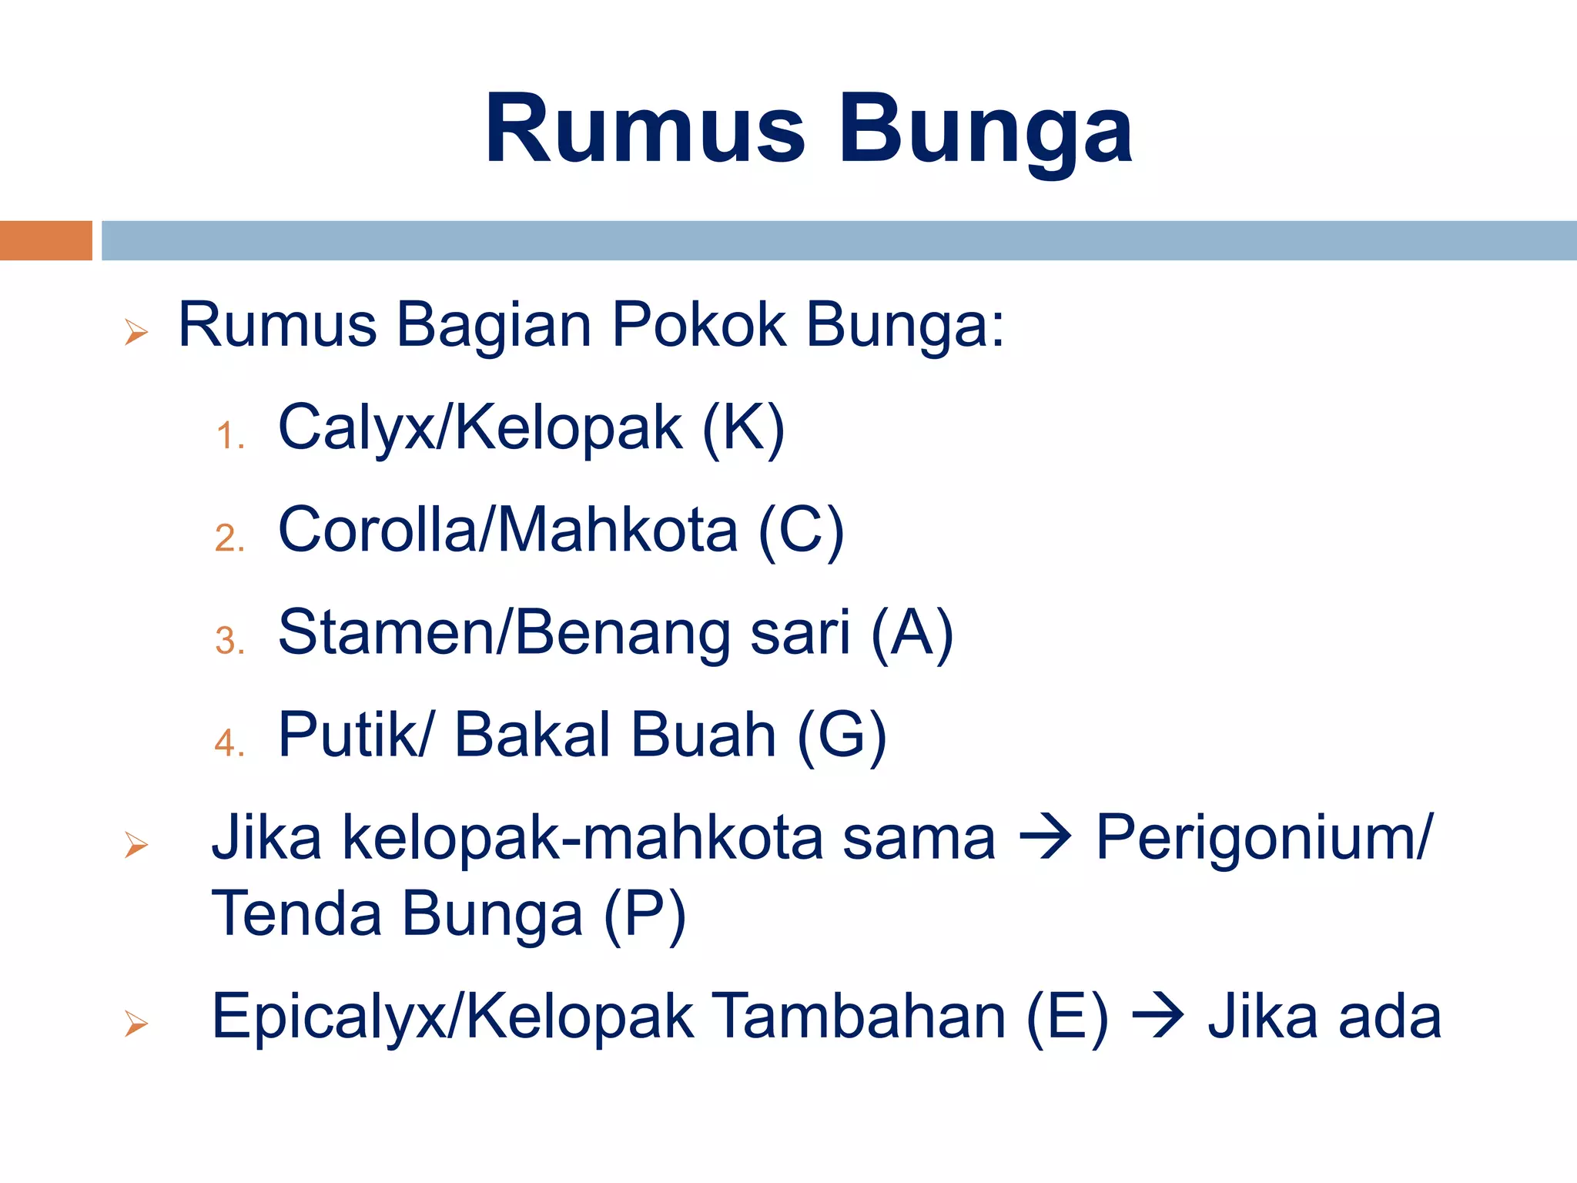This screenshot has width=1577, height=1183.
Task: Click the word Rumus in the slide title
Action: tap(645, 129)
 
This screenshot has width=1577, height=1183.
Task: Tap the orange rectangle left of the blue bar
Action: tap(46, 240)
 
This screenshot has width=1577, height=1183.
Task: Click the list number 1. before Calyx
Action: tap(229, 437)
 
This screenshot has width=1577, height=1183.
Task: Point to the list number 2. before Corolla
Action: tap(229, 538)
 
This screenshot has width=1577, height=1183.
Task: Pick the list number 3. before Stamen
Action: tap(229, 641)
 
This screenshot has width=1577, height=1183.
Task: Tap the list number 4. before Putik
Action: tap(229, 743)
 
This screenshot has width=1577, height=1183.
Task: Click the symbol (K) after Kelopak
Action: tap(743, 428)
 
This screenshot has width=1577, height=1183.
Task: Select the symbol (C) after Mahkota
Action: tap(801, 531)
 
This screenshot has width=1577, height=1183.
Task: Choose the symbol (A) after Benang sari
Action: tap(912, 633)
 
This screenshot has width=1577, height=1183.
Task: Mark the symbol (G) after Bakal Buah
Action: tap(842, 736)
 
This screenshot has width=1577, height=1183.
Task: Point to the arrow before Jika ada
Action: tap(1157, 1017)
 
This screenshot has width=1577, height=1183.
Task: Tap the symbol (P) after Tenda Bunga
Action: tap(644, 914)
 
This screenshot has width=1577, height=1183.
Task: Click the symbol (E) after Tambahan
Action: tap(1067, 1017)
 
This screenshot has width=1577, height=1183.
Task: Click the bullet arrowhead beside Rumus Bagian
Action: tap(136, 333)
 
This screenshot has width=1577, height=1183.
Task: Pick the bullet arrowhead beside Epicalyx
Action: tap(136, 1024)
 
